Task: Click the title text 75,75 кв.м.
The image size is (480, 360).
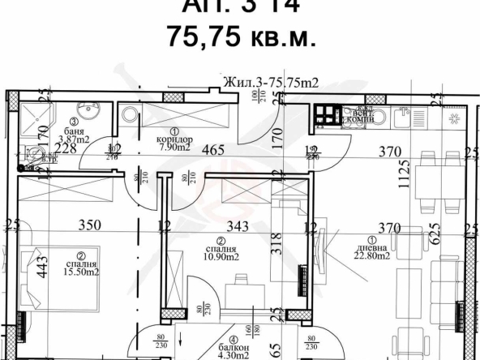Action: pyautogui.click(x=240, y=37)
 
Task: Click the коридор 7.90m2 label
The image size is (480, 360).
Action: pyautogui.click(x=171, y=143)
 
